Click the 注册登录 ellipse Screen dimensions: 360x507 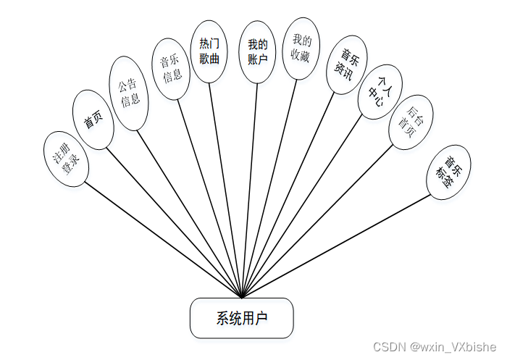[66, 159]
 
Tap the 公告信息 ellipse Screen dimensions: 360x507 [129, 94]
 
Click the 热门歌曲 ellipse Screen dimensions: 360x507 [209, 51]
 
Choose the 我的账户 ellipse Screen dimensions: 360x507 [257, 53]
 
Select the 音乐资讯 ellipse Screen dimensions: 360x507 [347, 65]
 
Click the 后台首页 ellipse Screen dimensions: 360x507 [411, 121]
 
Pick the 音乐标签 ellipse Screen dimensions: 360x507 [449, 172]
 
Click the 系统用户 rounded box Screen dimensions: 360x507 [241, 318]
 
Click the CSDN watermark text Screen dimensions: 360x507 [434, 347]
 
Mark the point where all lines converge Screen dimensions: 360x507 [241, 297]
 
